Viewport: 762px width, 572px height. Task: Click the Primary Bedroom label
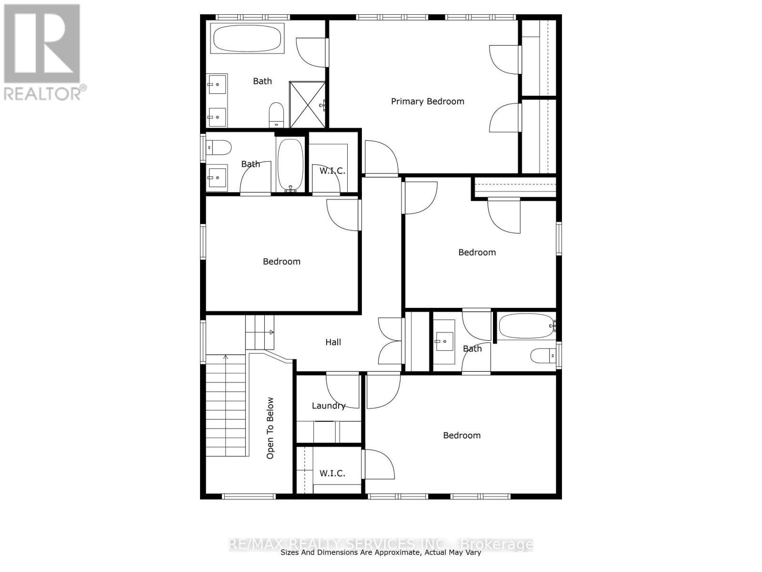(427, 101)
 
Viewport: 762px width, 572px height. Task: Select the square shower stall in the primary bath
(308, 104)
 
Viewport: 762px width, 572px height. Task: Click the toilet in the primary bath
(276, 114)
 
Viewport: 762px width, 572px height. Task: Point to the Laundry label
(328, 406)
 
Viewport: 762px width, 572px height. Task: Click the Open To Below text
(270, 428)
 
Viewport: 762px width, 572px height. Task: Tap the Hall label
(333, 342)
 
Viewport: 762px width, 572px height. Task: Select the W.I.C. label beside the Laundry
(332, 473)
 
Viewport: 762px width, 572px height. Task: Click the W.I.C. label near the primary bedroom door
(332, 171)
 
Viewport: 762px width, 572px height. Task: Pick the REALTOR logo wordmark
(45, 93)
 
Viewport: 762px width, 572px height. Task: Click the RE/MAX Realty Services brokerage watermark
(381, 544)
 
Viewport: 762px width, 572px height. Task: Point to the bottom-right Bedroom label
(461, 435)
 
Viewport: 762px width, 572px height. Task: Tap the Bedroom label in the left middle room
(281, 261)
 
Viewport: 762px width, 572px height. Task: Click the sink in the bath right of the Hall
(443, 341)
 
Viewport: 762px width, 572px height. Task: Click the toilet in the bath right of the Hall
(543, 355)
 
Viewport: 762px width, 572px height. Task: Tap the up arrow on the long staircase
(226, 357)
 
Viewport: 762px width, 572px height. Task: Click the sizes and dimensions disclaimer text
(381, 553)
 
